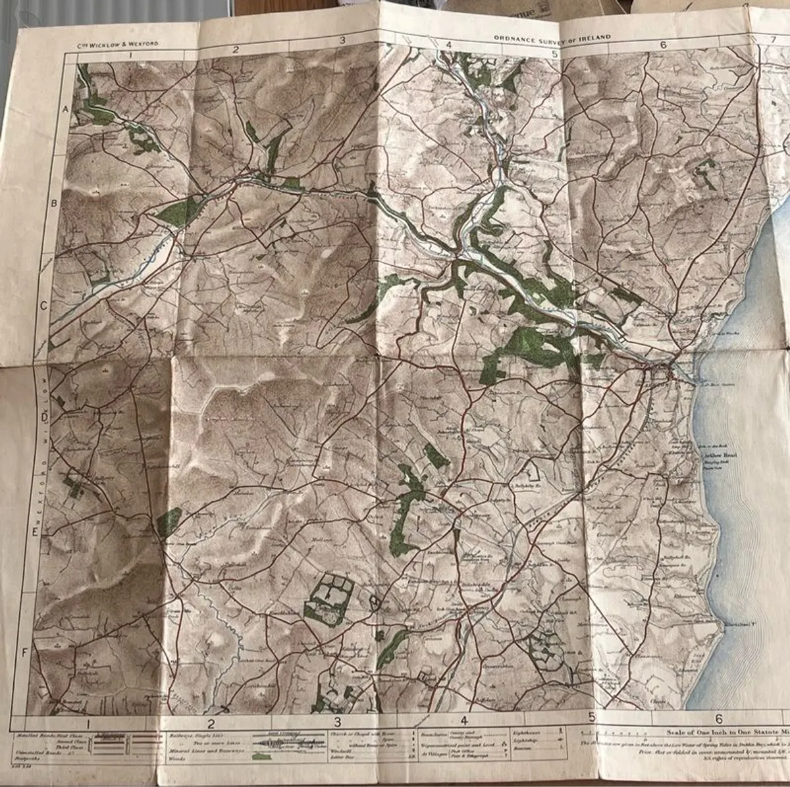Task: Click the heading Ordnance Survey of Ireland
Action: coord(552,38)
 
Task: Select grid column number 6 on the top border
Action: coord(663,45)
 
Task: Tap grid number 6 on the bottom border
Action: coord(719,719)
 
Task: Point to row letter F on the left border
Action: coord(26,652)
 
